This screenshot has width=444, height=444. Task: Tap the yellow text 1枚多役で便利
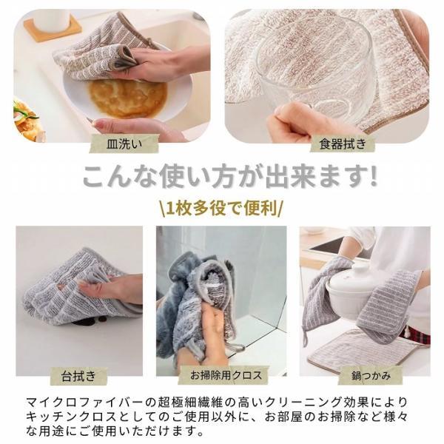click(x=222, y=206)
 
